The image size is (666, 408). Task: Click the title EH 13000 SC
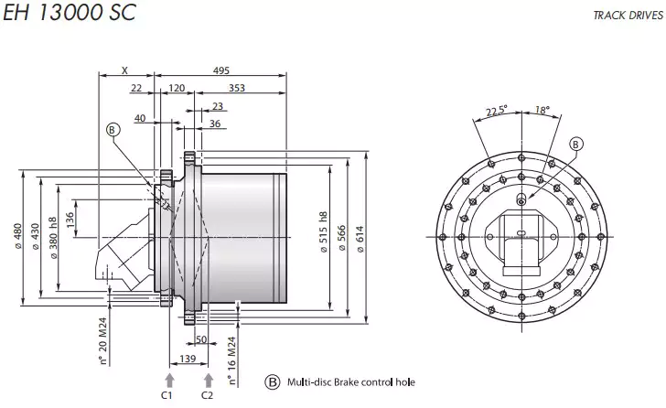coord(69,16)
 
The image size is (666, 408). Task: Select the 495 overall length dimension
coord(221,71)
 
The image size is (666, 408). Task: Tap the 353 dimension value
coord(236,88)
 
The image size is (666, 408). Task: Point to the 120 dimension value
coord(177,88)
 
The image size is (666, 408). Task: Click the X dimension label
coord(124,71)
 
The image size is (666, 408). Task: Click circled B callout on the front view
coord(576,143)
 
